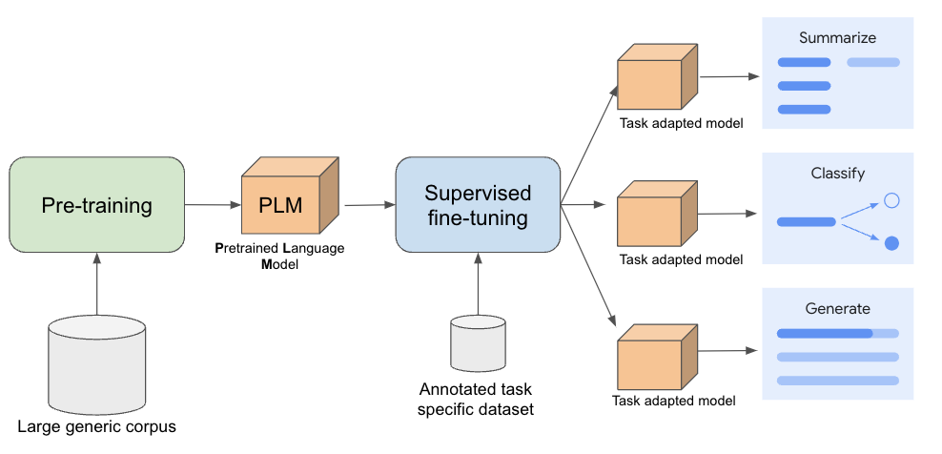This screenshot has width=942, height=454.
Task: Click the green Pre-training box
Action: pyautogui.click(x=96, y=205)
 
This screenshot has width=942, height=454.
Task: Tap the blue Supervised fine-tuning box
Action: pyautogui.click(x=477, y=205)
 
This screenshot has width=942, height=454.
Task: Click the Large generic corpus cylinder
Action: pyautogui.click(x=96, y=363)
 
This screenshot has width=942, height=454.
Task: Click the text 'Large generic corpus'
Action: pyautogui.click(x=96, y=425)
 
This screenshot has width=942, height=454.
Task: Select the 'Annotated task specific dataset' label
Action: pyautogui.click(x=477, y=399)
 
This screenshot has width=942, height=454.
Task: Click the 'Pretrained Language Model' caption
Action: pyautogui.click(x=279, y=256)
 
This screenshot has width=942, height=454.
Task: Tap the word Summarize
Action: pyautogui.click(x=837, y=38)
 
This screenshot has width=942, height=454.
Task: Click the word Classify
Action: pyautogui.click(x=837, y=174)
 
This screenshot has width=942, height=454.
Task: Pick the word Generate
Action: pyautogui.click(x=837, y=308)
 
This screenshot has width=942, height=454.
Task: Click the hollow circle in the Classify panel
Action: pyautogui.click(x=891, y=200)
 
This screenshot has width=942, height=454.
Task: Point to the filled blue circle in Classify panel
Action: pyautogui.click(x=891, y=243)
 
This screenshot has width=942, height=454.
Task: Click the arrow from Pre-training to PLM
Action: pyautogui.click(x=212, y=204)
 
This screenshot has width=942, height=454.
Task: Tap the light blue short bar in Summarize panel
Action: pyautogui.click(x=872, y=63)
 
